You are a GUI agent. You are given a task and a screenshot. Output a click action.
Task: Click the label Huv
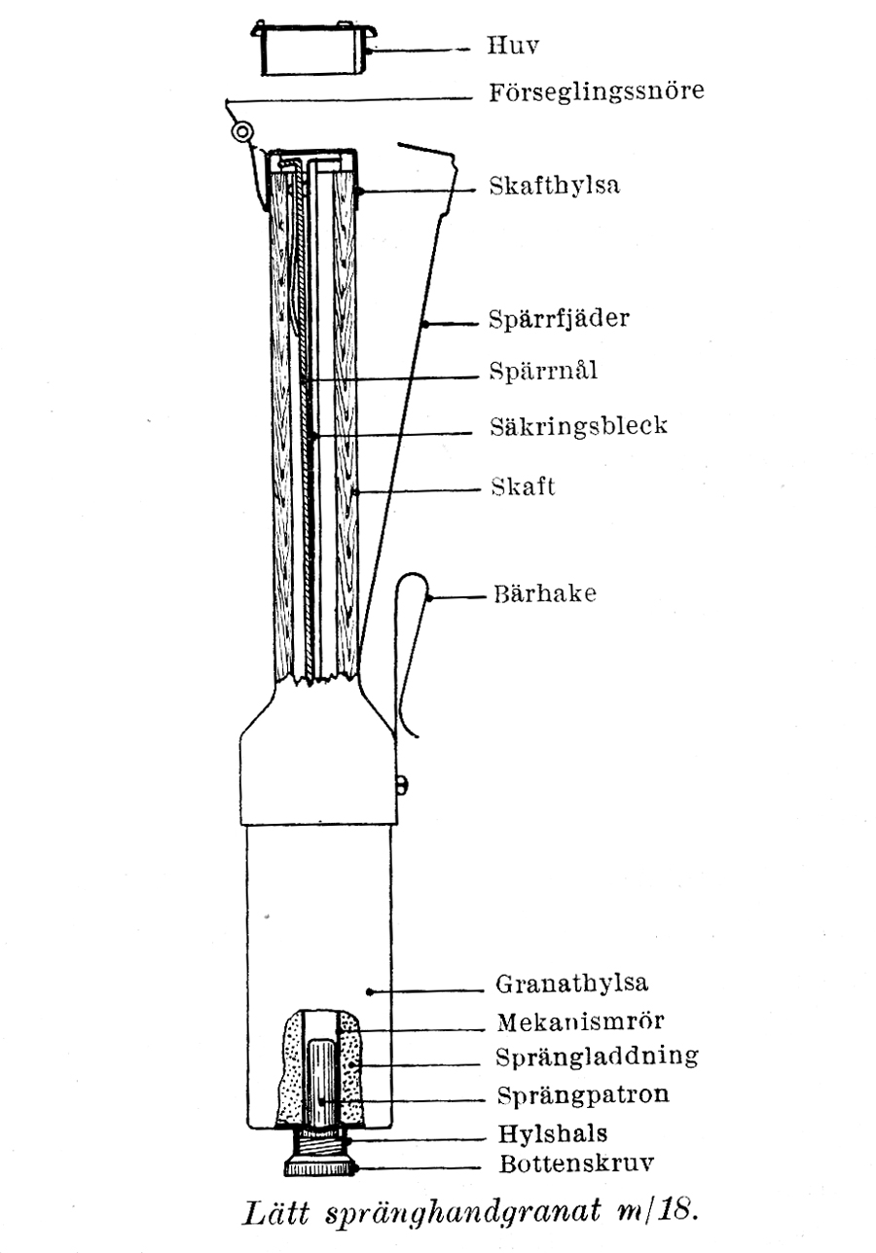click(513, 46)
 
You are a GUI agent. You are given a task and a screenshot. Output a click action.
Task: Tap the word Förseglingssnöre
click(597, 92)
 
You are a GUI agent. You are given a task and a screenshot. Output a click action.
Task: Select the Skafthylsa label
click(555, 186)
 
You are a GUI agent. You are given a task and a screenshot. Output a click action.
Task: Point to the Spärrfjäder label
click(560, 319)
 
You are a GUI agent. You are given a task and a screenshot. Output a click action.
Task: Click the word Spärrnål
click(543, 371)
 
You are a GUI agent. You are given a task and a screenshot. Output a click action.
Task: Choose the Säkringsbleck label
click(579, 426)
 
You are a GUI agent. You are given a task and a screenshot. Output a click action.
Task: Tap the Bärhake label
click(545, 593)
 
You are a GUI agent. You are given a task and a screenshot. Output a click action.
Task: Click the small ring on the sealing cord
click(242, 132)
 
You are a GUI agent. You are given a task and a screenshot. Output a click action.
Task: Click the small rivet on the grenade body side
click(403, 785)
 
